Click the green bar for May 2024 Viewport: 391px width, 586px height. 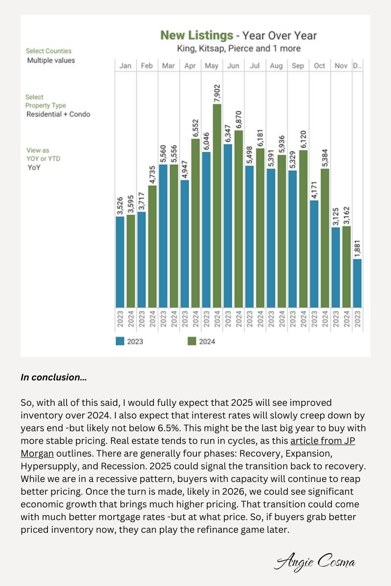click(217, 206)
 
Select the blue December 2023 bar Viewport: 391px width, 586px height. click(357, 283)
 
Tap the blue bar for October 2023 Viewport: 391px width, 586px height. click(314, 254)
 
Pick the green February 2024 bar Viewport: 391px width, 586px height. click(152, 247)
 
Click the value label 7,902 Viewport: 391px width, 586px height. click(217, 93)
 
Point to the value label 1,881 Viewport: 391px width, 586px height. click(357, 249)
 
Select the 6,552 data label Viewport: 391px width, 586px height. click(195, 128)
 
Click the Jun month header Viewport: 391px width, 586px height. click(233, 65)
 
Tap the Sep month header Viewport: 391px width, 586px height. click(298, 65)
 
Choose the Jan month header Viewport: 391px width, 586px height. click(125, 65)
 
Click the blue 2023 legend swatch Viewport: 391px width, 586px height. click(120, 341)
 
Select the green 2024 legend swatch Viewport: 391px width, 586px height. click(192, 341)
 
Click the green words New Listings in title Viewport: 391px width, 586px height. click(196, 35)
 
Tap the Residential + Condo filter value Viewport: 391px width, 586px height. click(58, 114)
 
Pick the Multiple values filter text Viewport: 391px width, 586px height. click(51, 61)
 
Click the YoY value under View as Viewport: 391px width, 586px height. click(34, 167)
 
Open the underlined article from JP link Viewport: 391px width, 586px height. click(323, 441)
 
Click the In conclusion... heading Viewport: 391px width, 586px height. click(54, 377)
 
